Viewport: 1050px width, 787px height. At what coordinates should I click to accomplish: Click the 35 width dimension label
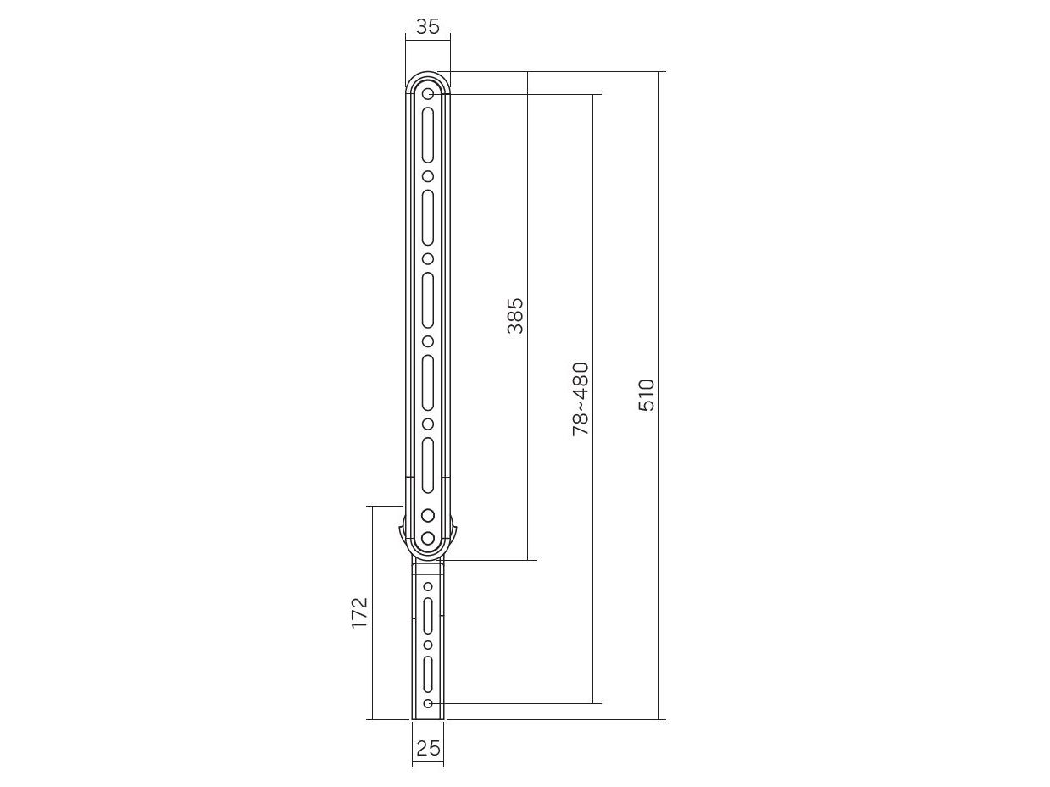[427, 27]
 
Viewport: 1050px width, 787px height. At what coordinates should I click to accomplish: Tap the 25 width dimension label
[428, 748]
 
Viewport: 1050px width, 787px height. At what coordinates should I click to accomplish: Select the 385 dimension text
[515, 316]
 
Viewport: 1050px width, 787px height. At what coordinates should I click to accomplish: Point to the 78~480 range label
[581, 399]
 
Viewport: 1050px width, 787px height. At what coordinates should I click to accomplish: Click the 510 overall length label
[646, 395]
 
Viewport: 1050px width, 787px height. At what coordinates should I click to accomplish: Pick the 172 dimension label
[359, 612]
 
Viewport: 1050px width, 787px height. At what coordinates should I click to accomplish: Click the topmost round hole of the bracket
[428, 94]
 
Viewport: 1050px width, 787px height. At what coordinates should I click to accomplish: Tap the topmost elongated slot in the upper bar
[428, 135]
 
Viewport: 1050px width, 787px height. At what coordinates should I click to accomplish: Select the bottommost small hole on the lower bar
[428, 703]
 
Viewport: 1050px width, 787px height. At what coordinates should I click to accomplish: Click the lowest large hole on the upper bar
[428, 539]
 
